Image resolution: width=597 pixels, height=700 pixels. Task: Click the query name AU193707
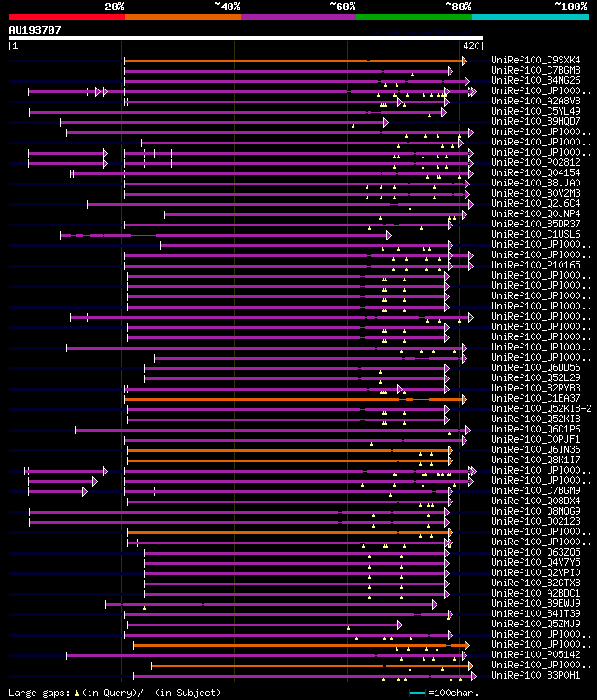pyautogui.click(x=35, y=30)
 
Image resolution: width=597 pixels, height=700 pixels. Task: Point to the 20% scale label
pyautogui.click(x=115, y=7)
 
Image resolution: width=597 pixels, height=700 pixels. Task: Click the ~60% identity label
pyautogui.click(x=342, y=7)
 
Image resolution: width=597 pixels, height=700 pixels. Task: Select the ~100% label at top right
pyautogui.click(x=570, y=7)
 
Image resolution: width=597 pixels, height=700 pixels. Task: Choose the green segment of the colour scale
pyautogui.click(x=413, y=16)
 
